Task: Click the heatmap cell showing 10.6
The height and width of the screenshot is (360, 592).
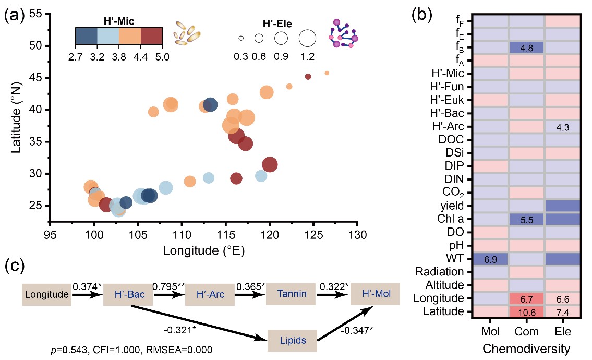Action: click(x=526, y=312)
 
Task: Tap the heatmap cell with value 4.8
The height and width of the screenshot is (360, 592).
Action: click(x=526, y=47)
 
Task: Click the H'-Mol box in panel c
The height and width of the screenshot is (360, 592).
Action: click(x=374, y=294)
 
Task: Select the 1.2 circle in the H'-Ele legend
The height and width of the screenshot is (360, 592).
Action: click(x=307, y=38)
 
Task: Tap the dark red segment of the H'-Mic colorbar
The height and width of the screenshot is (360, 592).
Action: click(x=153, y=35)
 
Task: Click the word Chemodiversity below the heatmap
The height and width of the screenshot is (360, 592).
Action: click(x=526, y=347)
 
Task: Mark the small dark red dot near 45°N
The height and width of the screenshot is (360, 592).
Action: click(x=308, y=77)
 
